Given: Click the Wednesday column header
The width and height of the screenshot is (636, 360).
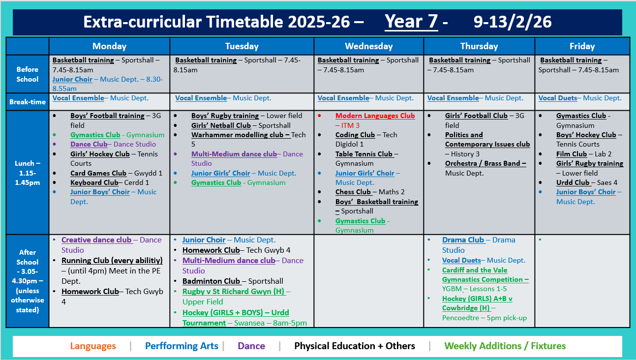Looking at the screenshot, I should point(368,46).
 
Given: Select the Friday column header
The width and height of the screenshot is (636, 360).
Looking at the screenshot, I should point(582,46).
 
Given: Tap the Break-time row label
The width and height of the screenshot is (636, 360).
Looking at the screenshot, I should point(27,102).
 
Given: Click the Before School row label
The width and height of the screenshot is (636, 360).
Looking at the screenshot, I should point(27,74).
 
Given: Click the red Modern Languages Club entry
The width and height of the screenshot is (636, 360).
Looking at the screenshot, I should point(375,116).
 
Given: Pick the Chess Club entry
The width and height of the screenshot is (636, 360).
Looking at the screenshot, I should point(353,192).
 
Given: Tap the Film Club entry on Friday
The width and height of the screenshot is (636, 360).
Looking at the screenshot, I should point(571,154).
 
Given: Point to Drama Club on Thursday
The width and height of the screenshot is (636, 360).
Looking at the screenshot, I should point(463,240).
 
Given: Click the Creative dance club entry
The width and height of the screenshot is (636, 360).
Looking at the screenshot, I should point(96,240).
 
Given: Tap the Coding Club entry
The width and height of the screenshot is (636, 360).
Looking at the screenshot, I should point(355,135).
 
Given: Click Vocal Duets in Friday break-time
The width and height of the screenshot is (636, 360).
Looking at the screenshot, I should point(557,98).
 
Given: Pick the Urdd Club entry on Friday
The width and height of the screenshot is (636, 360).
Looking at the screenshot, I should point(573,182).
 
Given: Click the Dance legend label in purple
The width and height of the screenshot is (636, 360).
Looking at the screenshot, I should point(251,346).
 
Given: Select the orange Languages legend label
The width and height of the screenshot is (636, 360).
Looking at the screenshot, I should point(93,346).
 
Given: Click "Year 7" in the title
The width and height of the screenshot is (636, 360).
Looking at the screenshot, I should point(411,22).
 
